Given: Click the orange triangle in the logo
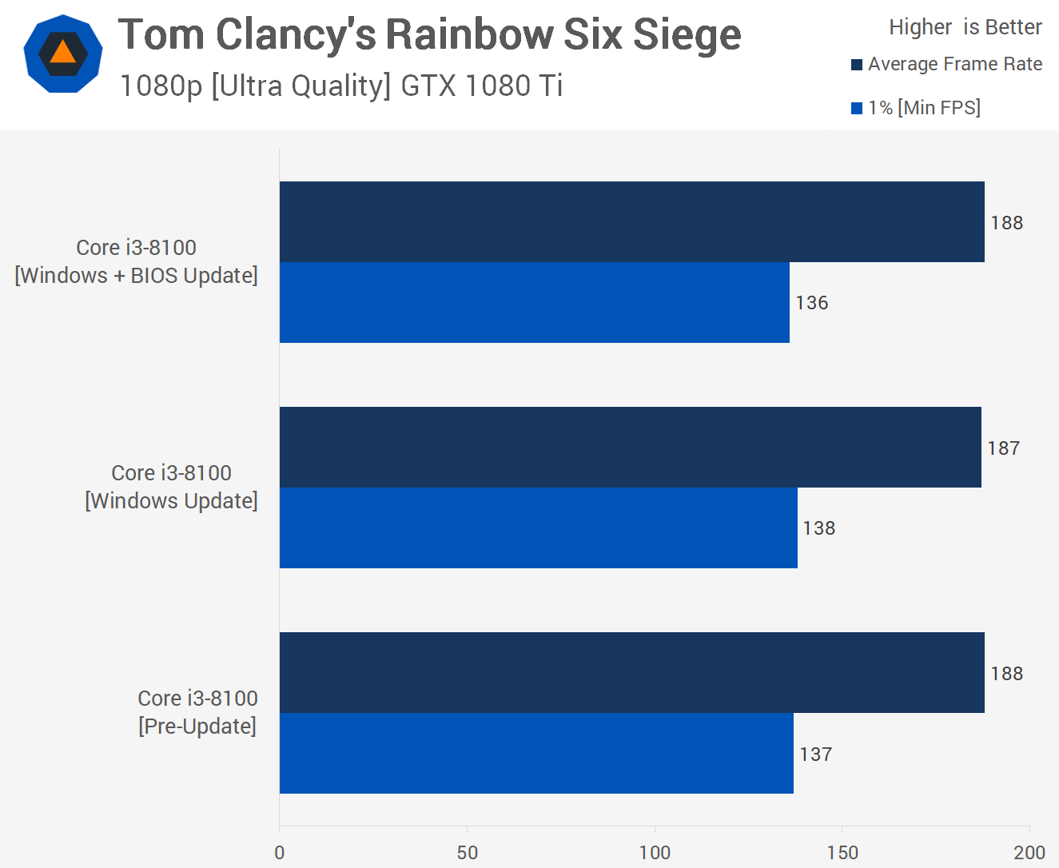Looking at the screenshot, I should [62, 53].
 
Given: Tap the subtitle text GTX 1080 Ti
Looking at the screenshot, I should [481, 86].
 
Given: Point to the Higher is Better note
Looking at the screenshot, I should [965, 27].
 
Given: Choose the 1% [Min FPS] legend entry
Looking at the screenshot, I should [916, 108].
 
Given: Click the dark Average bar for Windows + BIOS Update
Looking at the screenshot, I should [631, 222].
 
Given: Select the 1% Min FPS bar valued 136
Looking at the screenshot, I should [534, 303].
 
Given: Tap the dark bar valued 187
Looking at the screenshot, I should [630, 448].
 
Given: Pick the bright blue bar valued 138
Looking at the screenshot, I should [538, 528].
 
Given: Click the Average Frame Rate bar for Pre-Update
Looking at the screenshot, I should [631, 673].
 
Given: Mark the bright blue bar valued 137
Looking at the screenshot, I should [536, 754].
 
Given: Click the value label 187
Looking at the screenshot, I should [1003, 448].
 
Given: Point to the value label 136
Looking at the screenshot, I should [811, 303].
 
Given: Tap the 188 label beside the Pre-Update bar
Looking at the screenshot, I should [1006, 674].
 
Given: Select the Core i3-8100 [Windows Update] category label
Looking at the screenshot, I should [171, 487].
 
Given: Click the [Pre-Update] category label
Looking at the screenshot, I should [197, 727].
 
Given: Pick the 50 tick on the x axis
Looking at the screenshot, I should [468, 852].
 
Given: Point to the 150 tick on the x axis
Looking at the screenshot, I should [842, 852].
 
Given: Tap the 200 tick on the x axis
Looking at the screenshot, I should [1029, 852].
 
